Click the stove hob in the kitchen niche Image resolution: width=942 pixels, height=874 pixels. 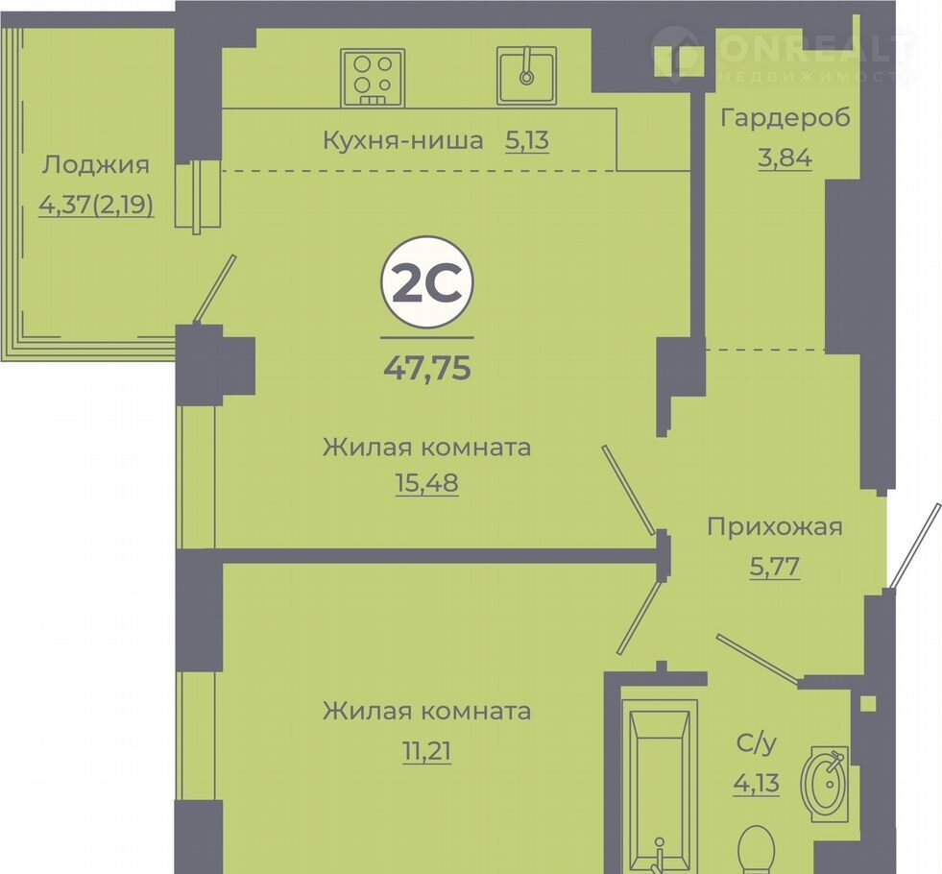click(373, 78)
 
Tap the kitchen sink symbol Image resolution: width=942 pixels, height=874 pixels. click(527, 76)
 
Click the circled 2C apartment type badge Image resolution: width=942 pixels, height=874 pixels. click(427, 282)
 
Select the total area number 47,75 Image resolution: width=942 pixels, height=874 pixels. click(427, 368)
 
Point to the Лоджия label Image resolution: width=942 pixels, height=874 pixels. click(95, 164)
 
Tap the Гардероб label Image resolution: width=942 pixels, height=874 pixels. click(785, 118)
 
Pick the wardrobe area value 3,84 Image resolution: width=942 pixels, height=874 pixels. click(785, 158)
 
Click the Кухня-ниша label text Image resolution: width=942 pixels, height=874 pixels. click(403, 140)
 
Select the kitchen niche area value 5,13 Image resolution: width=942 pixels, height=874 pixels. click(527, 140)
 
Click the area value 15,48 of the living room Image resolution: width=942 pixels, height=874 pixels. click(426, 482)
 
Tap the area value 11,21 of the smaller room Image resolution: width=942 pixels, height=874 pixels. click(426, 751)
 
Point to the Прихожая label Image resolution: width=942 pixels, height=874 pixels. click(774, 527)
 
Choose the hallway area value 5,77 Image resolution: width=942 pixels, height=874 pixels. click(774, 567)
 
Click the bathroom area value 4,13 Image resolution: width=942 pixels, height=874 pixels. click(757, 784)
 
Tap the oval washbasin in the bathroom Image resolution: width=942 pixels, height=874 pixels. click(825, 784)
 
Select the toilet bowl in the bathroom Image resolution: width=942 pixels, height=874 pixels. click(756, 850)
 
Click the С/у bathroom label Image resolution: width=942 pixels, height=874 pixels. click(757, 743)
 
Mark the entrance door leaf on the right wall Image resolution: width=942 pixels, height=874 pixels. click(914, 546)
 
